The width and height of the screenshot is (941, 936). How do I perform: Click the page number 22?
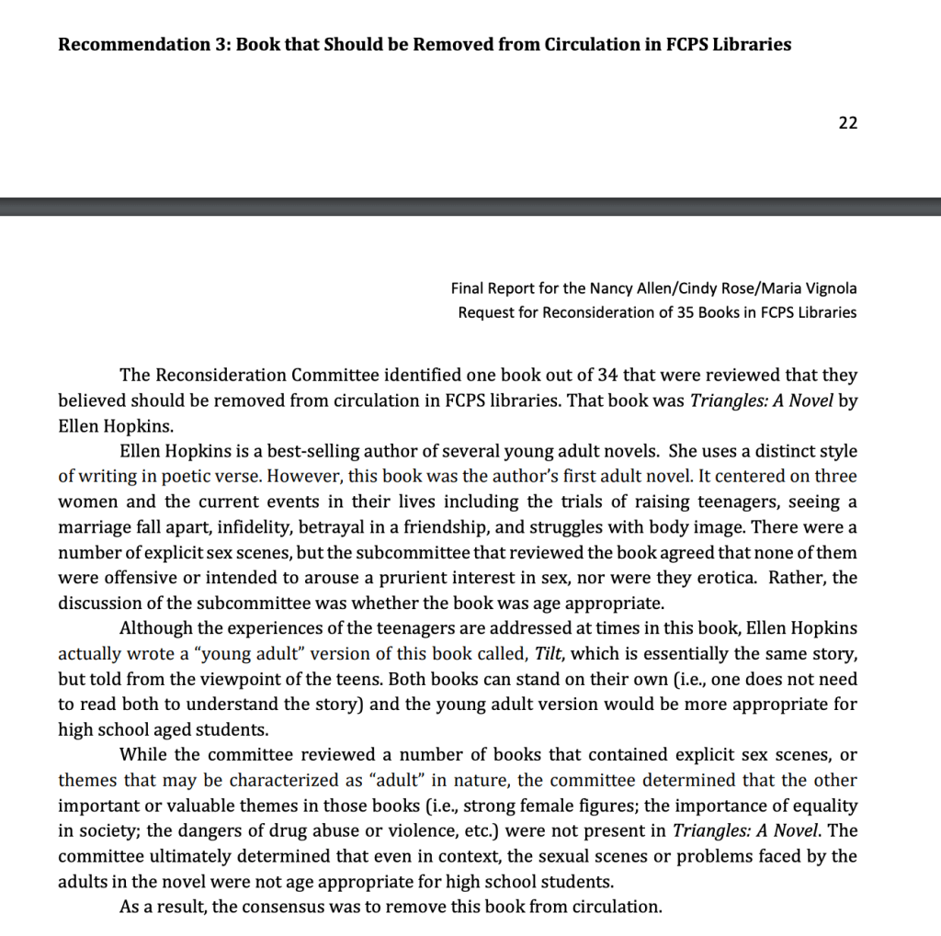847,123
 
